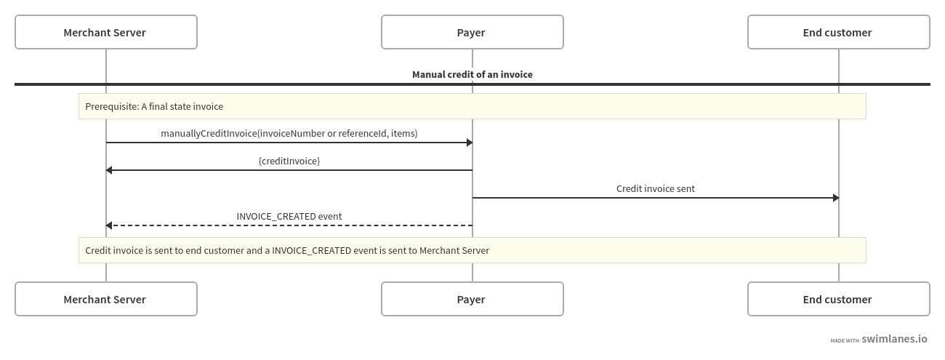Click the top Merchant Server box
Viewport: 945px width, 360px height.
coord(106,32)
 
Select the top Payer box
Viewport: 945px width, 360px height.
coord(472,32)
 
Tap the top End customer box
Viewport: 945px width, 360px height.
coord(839,32)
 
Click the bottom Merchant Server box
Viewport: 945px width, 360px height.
coord(106,299)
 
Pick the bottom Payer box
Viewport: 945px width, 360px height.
coord(472,299)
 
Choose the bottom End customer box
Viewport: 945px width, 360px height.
coord(839,299)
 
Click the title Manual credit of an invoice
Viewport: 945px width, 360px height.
coord(472,74)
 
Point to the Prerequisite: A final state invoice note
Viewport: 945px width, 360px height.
coord(472,106)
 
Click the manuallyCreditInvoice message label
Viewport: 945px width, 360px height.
coord(289,133)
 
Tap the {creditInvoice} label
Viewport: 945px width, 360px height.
coord(289,161)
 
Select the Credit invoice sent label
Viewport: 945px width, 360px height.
coord(655,188)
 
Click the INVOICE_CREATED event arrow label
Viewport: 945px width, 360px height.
coord(289,217)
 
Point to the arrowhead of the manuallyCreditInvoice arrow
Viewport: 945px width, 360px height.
coord(470,143)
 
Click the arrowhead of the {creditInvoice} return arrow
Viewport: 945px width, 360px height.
coord(109,170)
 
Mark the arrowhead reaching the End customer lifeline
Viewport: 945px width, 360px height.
coord(836,198)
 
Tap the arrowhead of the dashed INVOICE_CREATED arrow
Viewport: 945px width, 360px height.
coord(109,225)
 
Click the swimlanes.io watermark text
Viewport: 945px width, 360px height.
coord(894,339)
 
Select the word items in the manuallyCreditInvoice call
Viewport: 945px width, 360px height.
coord(403,133)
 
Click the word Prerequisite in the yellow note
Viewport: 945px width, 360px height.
coord(112,106)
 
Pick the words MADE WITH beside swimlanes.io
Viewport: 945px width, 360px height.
coord(845,340)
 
